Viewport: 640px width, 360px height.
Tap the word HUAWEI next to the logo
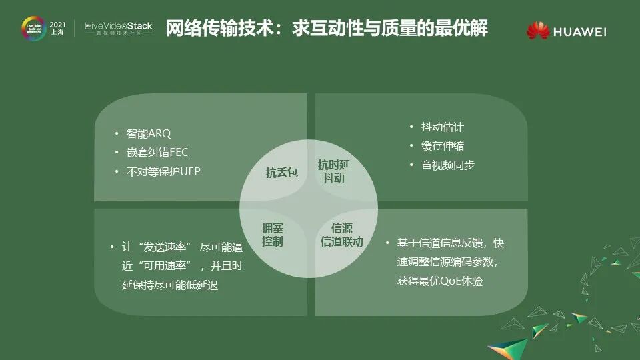(579, 31)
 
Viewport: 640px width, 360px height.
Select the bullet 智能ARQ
(149, 133)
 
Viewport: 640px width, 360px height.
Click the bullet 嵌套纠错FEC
(157, 152)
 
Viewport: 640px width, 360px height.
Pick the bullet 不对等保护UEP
(163, 171)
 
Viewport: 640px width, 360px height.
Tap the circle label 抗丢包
(281, 173)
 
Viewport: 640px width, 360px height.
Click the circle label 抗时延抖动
(333, 171)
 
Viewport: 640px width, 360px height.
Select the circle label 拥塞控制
(273, 235)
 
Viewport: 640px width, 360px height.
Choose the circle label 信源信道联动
(341, 235)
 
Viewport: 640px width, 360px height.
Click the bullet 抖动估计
(442, 127)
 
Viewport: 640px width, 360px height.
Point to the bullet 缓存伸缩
(442, 145)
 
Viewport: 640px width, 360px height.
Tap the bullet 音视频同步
(448, 165)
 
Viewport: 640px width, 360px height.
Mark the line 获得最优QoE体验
(440, 281)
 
